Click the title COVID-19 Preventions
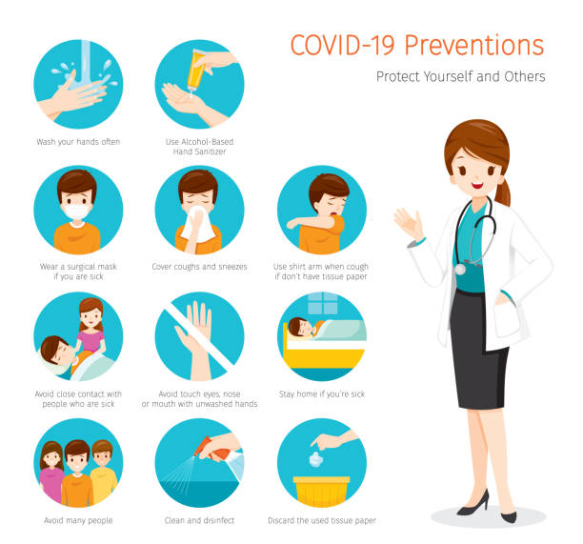click(416, 45)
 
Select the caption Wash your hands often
click(78, 141)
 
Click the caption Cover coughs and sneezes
click(199, 267)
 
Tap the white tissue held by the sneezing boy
click(200, 226)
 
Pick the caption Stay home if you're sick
click(321, 393)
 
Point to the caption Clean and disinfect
click(199, 520)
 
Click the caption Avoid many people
click(78, 520)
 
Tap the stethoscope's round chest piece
click(459, 269)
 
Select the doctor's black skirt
click(478, 348)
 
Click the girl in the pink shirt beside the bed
click(91, 330)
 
